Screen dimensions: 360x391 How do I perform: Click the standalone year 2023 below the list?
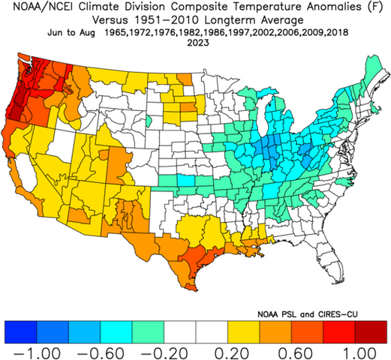coord(195,43)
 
